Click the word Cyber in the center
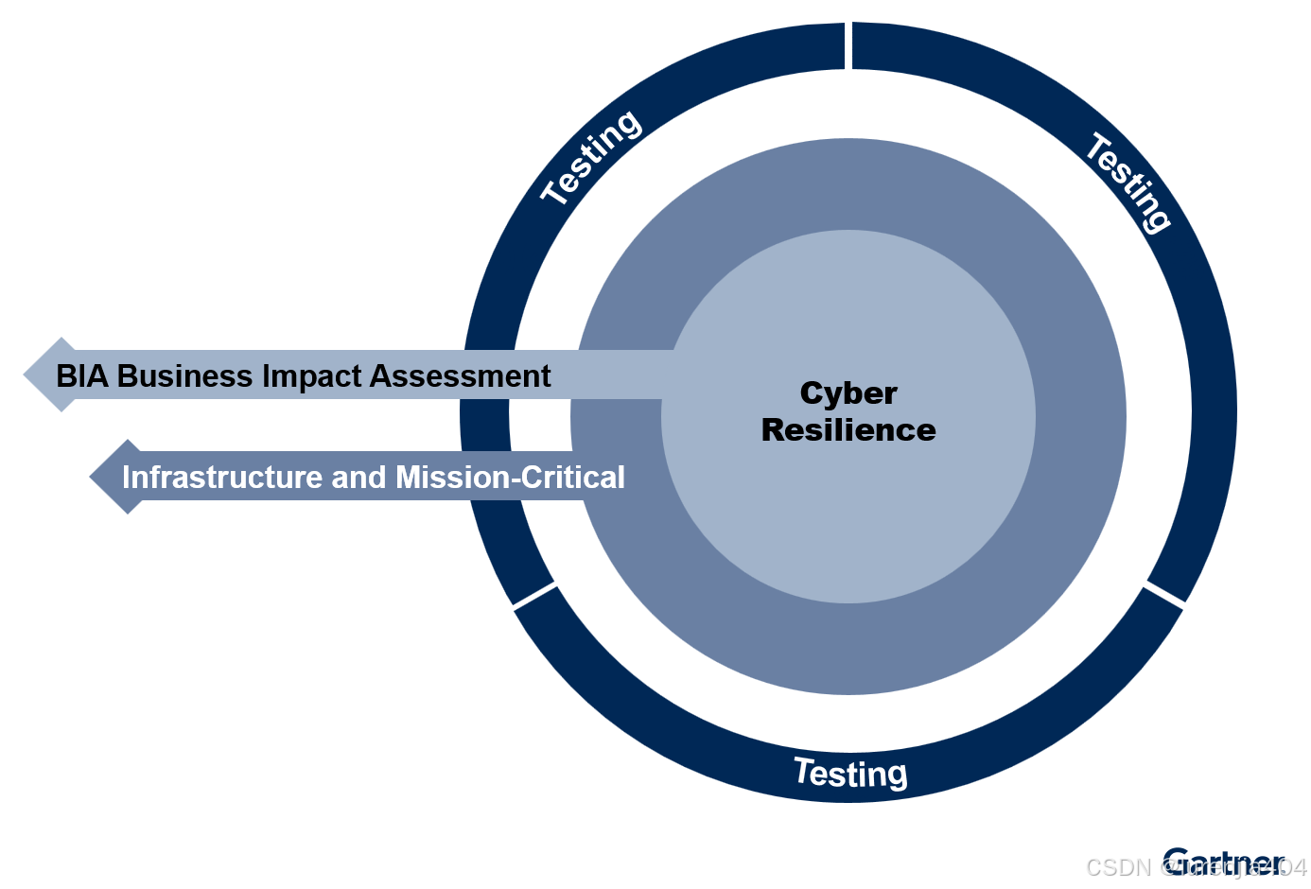[x=848, y=393]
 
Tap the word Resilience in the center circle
[x=848, y=430]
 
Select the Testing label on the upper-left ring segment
[x=591, y=156]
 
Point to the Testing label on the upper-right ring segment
[x=1128, y=182]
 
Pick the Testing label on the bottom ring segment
[x=850, y=773]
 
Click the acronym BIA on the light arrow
[x=82, y=376]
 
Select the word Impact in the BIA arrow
[x=311, y=376]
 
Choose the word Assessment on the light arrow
[x=460, y=376]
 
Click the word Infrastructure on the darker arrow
[x=222, y=478]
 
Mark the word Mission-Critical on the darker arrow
[x=510, y=478]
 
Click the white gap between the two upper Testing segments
[x=848, y=45]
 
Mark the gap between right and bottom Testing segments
[x=1163, y=595]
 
